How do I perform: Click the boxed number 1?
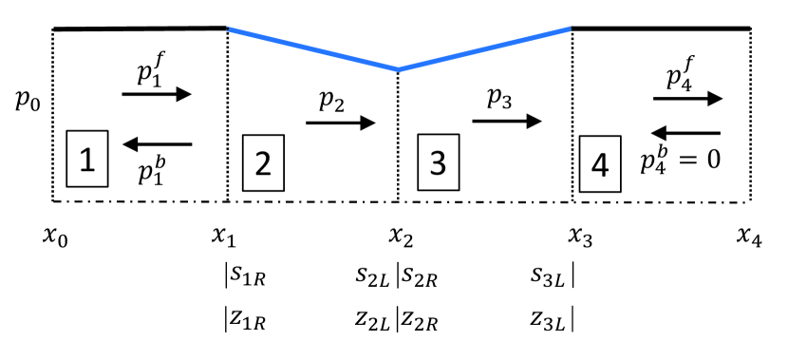click(87, 160)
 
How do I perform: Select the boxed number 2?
click(263, 162)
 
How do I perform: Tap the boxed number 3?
click(438, 162)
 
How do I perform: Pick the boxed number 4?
click(599, 164)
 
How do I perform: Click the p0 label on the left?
click(28, 99)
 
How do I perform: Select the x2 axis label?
click(399, 233)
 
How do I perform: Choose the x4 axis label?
click(750, 233)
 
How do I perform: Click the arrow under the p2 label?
click(342, 123)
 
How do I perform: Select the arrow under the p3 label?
click(508, 122)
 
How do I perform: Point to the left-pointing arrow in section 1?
click(158, 144)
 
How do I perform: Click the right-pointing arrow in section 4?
click(688, 98)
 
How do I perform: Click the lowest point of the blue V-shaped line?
click(399, 69)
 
